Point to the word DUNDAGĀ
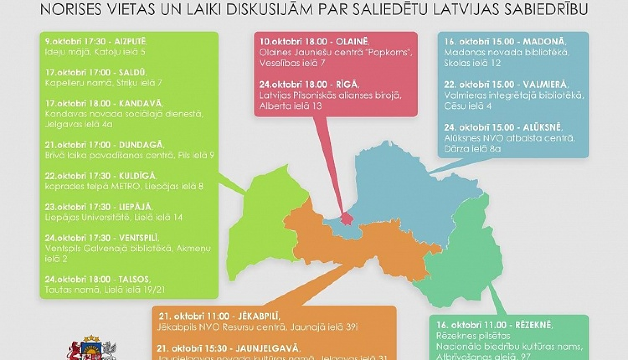[x=140, y=145]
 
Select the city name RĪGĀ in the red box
[x=347, y=84]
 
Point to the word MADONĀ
[x=544, y=41]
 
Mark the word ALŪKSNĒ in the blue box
[x=543, y=127]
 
